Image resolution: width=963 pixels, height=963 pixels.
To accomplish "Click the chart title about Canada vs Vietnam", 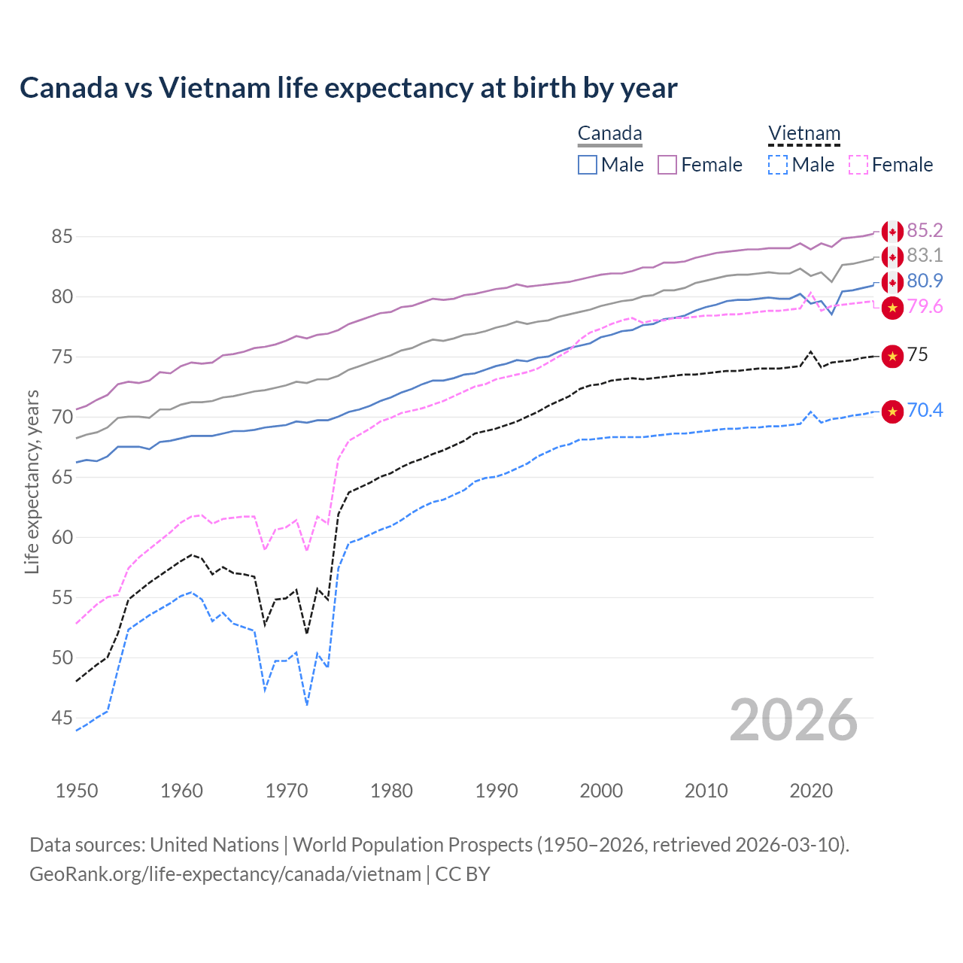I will [x=348, y=88].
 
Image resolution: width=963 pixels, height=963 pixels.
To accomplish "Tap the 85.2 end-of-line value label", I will [x=925, y=230].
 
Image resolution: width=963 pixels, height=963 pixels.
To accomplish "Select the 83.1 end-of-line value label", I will [x=925, y=256].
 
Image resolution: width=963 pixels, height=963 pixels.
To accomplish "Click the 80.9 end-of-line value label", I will [x=925, y=281].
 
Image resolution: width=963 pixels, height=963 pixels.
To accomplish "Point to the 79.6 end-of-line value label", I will [x=925, y=307].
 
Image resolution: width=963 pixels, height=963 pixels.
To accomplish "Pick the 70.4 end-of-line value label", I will [x=925, y=411].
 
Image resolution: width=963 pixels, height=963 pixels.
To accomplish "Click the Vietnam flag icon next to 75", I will [x=892, y=355].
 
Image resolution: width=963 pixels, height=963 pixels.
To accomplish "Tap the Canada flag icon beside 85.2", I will [x=892, y=232].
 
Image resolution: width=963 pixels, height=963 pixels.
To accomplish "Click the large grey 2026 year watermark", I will [x=793, y=720].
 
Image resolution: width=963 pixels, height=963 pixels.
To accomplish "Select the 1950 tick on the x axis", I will [x=77, y=791].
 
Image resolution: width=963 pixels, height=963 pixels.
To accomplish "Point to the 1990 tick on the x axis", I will [x=497, y=791].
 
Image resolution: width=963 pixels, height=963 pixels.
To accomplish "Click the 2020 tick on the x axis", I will [x=811, y=791].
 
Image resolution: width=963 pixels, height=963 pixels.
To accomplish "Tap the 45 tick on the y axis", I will [x=62, y=718].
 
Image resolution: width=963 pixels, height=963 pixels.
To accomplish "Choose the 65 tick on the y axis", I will [x=62, y=478].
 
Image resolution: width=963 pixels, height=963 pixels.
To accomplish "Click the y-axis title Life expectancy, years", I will [x=32, y=481].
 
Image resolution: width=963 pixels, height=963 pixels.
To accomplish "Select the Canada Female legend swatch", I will [x=667, y=165].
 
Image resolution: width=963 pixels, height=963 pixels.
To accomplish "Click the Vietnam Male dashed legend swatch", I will [x=778, y=165].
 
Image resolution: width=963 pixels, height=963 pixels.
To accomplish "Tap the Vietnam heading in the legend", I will [x=804, y=134].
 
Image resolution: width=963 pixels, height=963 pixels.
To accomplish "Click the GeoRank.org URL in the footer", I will [x=225, y=874].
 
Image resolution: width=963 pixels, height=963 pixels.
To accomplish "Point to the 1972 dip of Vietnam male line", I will [x=307, y=705].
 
